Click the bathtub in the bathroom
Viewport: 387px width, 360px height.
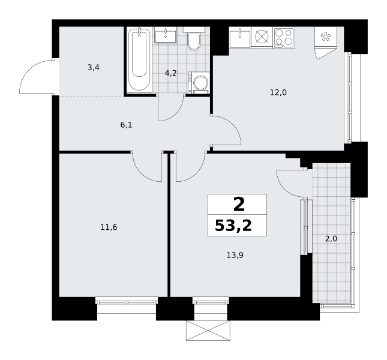(139, 60)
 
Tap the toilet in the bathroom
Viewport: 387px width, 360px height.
(194, 39)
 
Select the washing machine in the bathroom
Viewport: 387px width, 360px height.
(199, 83)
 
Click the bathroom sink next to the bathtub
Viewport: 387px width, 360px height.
(166, 35)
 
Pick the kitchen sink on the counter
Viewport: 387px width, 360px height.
(240, 38)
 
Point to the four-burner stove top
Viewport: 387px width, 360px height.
(284, 38)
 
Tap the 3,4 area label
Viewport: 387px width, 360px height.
(93, 67)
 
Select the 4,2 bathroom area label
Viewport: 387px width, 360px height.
(171, 73)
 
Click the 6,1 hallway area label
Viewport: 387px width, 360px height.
(126, 125)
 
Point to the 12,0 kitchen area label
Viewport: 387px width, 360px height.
(278, 92)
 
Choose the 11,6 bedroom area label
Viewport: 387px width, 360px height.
(109, 227)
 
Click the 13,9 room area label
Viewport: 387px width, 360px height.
(235, 255)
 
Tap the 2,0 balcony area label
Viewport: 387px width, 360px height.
(331, 239)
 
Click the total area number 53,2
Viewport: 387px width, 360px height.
(233, 226)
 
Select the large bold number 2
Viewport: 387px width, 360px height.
(239, 205)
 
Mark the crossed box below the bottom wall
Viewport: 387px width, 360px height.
(208, 331)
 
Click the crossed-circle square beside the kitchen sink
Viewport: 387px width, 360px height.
(262, 37)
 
